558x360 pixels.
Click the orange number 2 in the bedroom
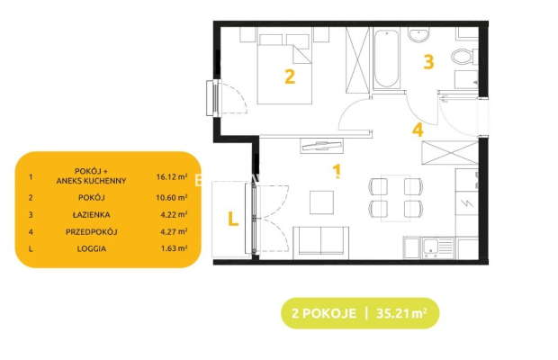pyautogui.click(x=290, y=76)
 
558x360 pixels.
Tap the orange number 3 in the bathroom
pyautogui.click(x=428, y=61)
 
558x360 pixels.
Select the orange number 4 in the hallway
pyautogui.click(x=418, y=130)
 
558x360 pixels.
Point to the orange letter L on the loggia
pyautogui.click(x=233, y=219)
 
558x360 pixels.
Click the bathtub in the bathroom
pyautogui.click(x=386, y=58)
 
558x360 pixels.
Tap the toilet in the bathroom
pyautogui.click(x=464, y=57)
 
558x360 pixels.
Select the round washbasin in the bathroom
pyautogui.click(x=419, y=35)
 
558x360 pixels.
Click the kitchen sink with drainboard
pyautogui.click(x=437, y=247)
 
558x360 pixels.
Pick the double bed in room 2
pyautogui.click(x=284, y=69)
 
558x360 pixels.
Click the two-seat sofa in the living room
pyautogui.click(x=321, y=243)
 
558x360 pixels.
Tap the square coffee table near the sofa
pyautogui.click(x=321, y=202)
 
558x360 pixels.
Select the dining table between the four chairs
pyautogui.click(x=396, y=198)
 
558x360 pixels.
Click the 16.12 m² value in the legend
pyautogui.click(x=172, y=176)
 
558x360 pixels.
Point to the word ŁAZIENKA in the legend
pyautogui.click(x=92, y=214)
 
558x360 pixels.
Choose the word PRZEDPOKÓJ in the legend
pyautogui.click(x=92, y=232)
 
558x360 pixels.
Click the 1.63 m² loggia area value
pyautogui.click(x=174, y=248)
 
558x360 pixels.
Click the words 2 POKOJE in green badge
pyautogui.click(x=324, y=313)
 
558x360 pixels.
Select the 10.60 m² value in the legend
pyautogui.click(x=172, y=197)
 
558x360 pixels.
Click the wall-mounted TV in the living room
pyautogui.click(x=321, y=145)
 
